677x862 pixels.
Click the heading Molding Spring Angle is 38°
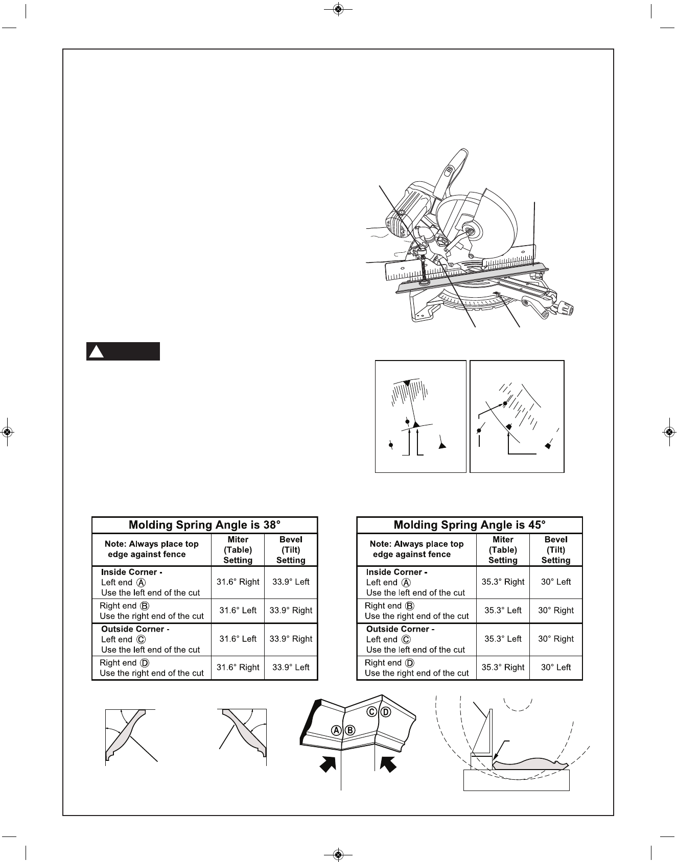click(204, 525)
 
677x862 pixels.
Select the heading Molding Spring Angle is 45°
click(469, 525)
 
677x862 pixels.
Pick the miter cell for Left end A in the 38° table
click(238, 582)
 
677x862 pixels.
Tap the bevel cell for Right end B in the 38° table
click(291, 610)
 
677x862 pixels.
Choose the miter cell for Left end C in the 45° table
click(503, 639)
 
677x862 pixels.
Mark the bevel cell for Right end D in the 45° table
click(556, 667)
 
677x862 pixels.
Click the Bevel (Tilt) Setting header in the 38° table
click(291, 549)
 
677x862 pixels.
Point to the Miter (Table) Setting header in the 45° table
click(503, 549)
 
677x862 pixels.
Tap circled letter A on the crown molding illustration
click(337, 730)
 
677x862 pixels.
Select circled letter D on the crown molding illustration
click(386, 711)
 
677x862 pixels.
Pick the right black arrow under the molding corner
click(389, 764)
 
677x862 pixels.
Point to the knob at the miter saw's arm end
click(567, 308)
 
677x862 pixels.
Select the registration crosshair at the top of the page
click(338, 9)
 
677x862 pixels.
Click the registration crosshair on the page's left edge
click(7, 432)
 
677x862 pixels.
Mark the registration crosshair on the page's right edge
click(669, 432)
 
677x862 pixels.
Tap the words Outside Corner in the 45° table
click(400, 629)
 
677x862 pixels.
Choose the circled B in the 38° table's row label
click(145, 606)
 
